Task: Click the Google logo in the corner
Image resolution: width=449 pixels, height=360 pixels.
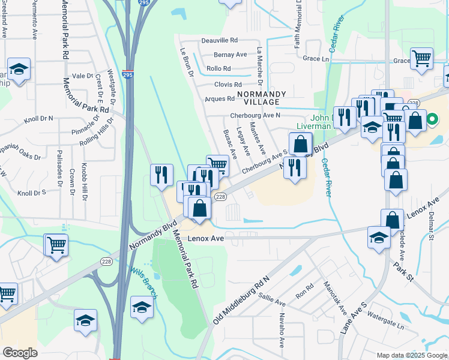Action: pos(20,352)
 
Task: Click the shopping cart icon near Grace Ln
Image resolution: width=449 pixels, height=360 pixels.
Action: pos(422,59)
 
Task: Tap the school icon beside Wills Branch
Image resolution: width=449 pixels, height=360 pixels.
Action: pos(142,308)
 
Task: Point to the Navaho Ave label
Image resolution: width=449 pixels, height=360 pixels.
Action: pos(282,334)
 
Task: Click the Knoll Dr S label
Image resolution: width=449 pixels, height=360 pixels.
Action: pos(32,193)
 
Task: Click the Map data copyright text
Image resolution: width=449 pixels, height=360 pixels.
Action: pos(411,355)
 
